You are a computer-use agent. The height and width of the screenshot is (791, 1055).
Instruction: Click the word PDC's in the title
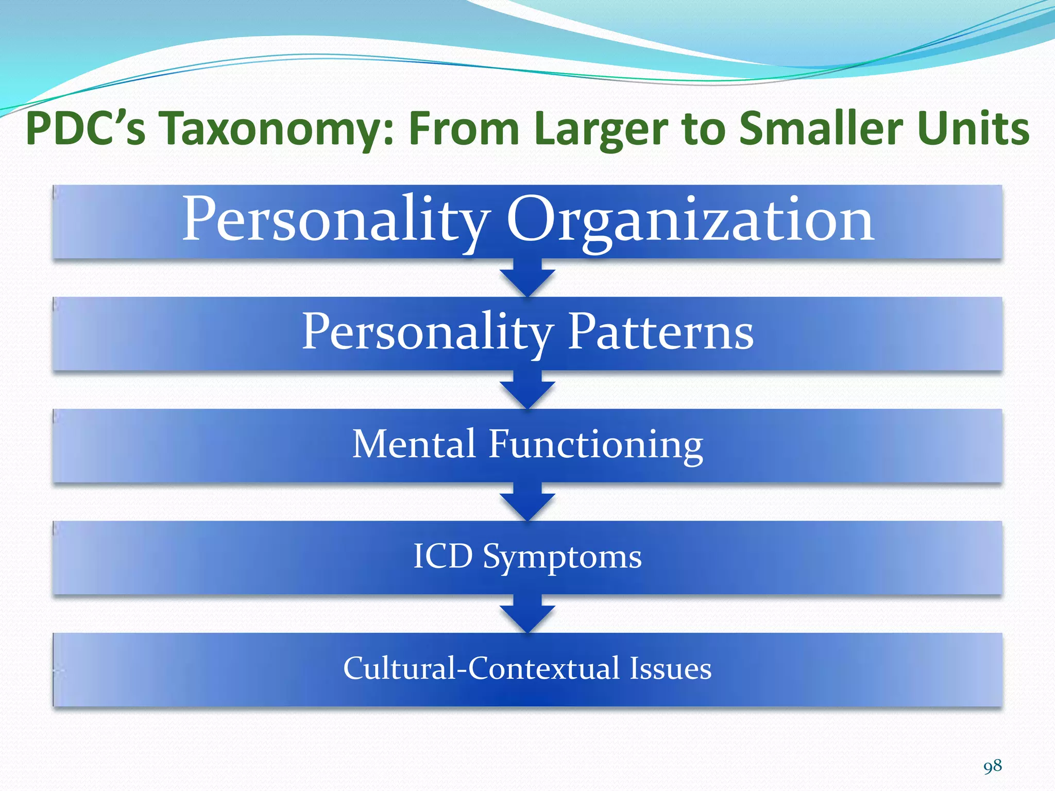click(x=86, y=129)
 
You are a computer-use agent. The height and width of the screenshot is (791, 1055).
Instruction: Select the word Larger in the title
click(x=601, y=129)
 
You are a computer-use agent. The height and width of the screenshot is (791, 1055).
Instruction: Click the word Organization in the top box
click(x=690, y=220)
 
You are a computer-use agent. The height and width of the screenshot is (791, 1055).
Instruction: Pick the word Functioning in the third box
click(x=595, y=444)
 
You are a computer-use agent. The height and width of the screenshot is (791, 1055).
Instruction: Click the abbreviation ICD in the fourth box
click(x=443, y=556)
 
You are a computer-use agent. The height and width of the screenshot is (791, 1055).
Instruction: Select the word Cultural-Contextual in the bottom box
click(x=481, y=668)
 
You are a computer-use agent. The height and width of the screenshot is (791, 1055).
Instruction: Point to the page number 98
click(x=992, y=766)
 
